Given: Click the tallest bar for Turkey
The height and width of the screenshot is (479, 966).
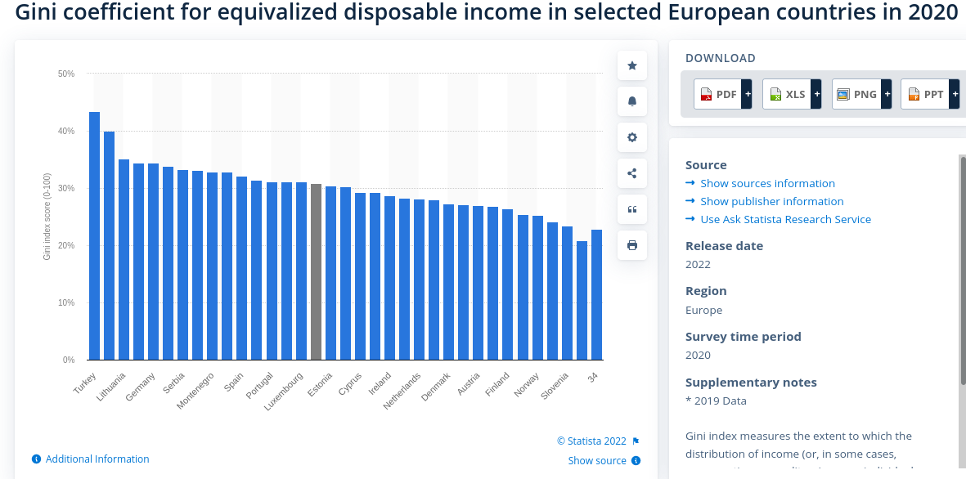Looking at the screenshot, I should point(94,237).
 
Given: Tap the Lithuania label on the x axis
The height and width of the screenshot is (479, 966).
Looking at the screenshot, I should point(112,387).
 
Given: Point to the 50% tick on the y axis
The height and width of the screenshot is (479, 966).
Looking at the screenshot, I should point(66,74).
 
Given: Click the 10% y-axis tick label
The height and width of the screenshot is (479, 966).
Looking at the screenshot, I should point(66,302).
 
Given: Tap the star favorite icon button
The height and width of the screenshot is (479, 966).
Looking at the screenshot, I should point(632,65).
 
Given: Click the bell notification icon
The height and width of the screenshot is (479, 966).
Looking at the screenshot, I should point(632,101).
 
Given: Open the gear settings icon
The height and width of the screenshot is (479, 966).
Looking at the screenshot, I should point(632,137).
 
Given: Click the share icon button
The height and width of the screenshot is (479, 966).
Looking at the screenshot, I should point(632,173).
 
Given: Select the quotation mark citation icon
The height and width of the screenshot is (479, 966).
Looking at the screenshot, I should point(632,209).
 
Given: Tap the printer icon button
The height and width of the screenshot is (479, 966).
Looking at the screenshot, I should point(632,245).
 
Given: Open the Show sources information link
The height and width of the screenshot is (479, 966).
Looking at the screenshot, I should point(767,183).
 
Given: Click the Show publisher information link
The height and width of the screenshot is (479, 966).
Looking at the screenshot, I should point(771,201).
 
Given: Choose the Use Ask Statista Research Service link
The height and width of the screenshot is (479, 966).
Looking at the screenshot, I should point(785,219).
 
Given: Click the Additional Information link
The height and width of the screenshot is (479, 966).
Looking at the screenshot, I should point(97,459).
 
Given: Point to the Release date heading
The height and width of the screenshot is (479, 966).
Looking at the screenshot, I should point(724,246).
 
